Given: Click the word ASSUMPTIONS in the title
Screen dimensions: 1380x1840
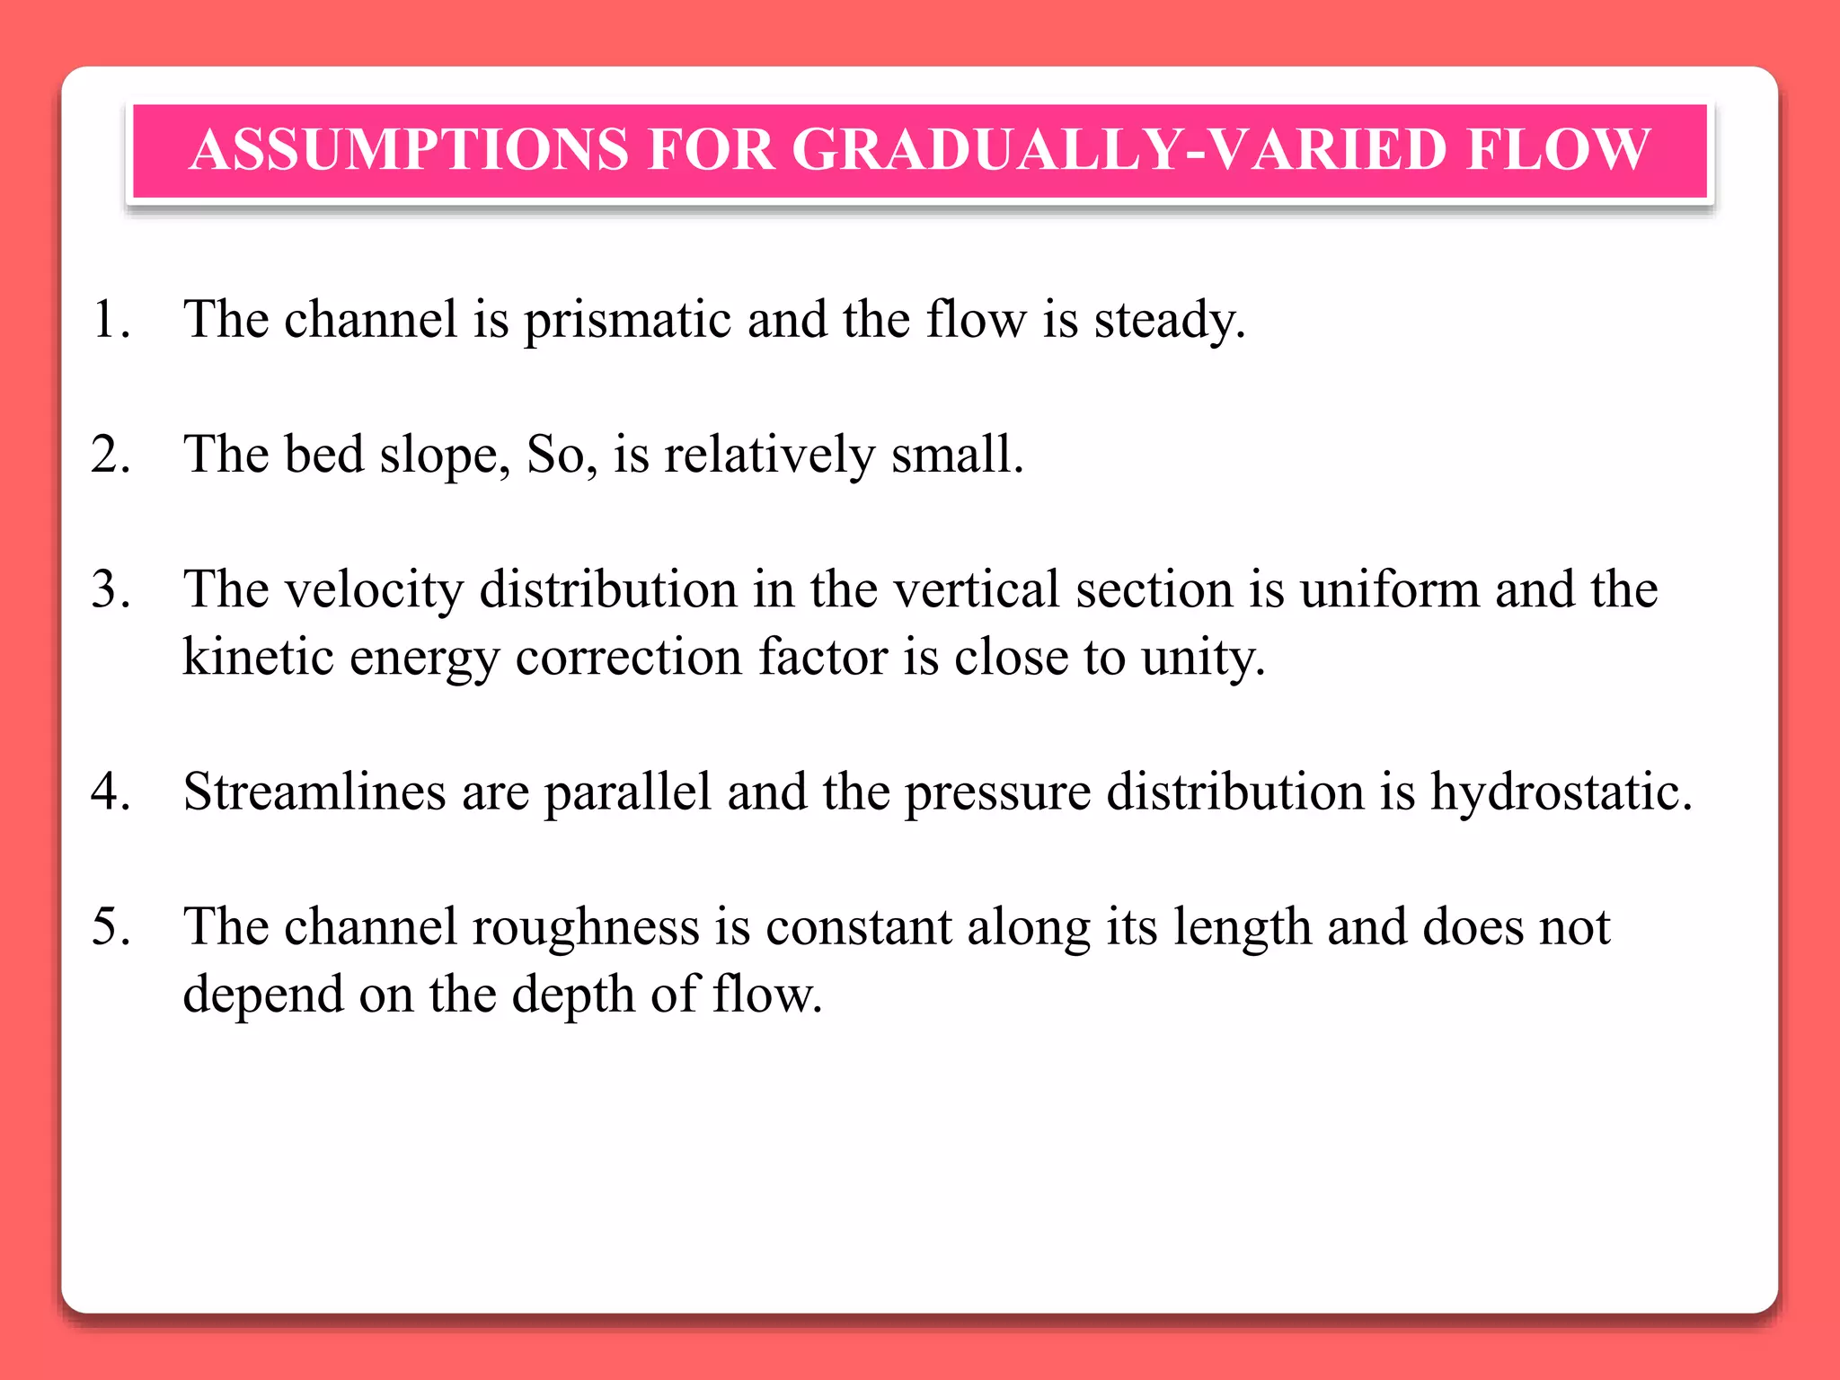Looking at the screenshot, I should [x=409, y=149].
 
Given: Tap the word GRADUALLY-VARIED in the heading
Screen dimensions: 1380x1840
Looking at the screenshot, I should [x=1119, y=149].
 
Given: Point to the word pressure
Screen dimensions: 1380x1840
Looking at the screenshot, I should [x=997, y=793].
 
